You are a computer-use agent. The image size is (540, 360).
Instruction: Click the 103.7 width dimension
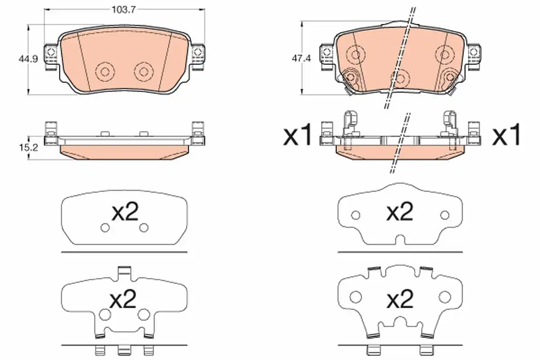point(124,10)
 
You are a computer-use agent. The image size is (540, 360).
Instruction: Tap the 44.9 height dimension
point(28,59)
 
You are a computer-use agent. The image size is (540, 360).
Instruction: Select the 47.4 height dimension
point(301,58)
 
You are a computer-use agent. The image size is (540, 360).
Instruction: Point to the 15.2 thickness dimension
point(28,148)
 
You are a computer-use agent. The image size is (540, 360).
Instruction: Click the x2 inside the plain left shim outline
point(125,211)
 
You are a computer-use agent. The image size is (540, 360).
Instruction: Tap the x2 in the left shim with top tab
point(123,299)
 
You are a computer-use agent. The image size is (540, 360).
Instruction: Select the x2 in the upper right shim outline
point(400,211)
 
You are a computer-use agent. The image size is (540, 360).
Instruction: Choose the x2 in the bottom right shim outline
point(400,299)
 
